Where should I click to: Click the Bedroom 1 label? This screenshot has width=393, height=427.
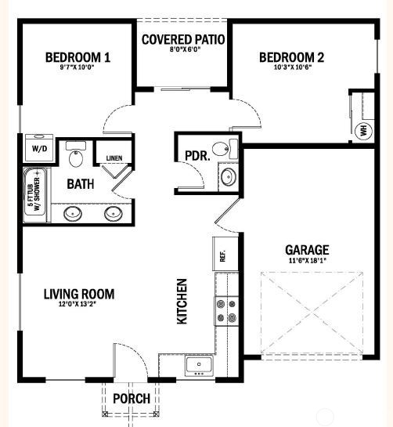tap(78, 56)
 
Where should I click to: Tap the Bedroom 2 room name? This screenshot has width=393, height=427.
tap(291, 56)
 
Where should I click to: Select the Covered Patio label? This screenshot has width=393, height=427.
tap(183, 38)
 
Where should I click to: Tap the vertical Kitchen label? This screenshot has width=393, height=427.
tap(182, 302)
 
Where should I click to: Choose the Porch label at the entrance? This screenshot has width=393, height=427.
tap(132, 399)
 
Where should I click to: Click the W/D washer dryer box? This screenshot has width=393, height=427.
tap(38, 147)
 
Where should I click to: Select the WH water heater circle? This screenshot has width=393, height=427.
tap(362, 130)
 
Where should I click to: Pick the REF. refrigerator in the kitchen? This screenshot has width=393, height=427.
tap(222, 255)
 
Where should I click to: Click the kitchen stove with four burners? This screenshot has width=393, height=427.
tap(225, 310)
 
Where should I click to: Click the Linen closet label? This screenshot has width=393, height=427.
tap(114, 159)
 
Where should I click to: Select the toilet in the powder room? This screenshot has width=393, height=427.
tap(223, 148)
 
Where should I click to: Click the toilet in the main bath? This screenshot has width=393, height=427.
tap(76, 157)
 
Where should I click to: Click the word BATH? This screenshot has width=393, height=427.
tap(81, 184)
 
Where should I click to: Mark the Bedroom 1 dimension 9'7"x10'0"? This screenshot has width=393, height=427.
tap(78, 67)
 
